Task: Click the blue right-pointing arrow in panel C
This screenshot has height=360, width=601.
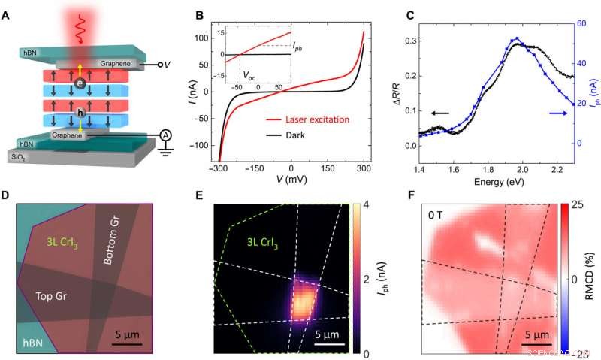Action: [557, 113]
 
